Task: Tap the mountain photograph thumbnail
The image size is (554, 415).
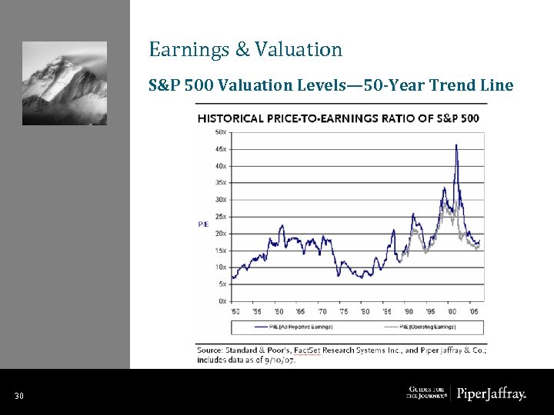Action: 64,83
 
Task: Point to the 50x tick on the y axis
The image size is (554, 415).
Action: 220,132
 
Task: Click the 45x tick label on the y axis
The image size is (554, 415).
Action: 220,149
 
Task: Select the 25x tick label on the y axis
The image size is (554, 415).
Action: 220,217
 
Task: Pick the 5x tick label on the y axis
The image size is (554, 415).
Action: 222,284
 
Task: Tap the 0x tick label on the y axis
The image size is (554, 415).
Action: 222,301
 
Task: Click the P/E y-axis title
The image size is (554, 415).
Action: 203,224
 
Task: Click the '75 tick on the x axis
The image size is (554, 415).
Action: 342,312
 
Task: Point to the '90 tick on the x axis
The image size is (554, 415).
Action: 409,312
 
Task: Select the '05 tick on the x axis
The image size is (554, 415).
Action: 475,312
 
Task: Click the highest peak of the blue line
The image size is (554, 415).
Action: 456,145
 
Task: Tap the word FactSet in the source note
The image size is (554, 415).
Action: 309,350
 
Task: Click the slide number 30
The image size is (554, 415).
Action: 19,396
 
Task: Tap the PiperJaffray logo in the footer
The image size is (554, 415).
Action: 492,394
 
